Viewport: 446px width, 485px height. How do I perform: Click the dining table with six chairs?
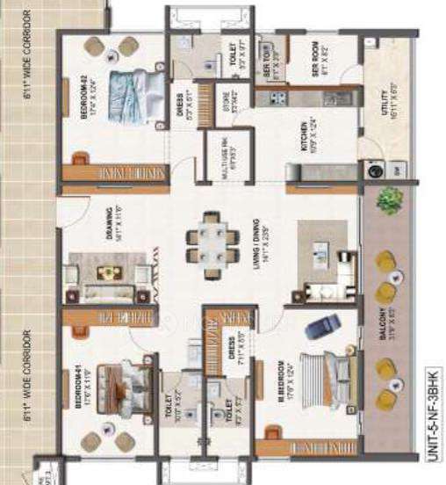pos(212,238)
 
